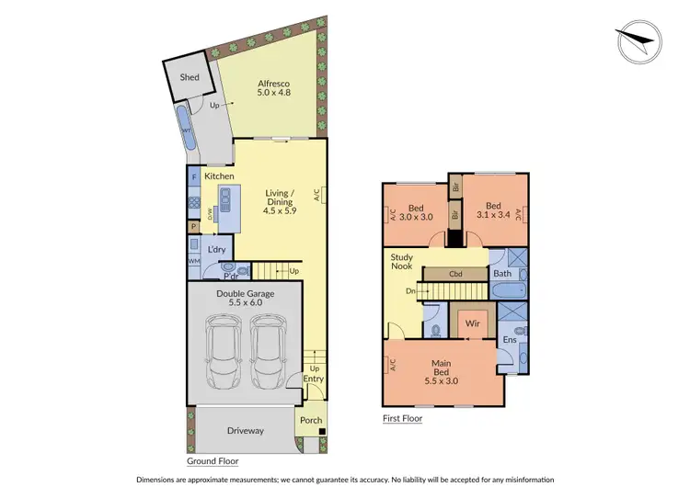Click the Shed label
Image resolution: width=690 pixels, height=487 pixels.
pos(189,78)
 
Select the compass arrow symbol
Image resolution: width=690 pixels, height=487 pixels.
pos(638,40)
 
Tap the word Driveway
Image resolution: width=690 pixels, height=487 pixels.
pos(245,430)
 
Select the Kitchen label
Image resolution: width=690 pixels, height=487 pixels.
pos(219,176)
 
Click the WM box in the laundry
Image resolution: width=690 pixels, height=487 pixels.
pos(194,262)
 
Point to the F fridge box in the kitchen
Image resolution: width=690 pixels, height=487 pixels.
pos(194,176)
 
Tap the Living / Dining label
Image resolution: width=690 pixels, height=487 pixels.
pos(280,199)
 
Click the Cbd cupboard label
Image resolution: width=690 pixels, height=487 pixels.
pos(454,274)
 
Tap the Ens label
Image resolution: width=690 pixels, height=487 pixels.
pos(509,340)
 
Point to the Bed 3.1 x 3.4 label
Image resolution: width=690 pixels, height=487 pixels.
pos(492,211)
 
